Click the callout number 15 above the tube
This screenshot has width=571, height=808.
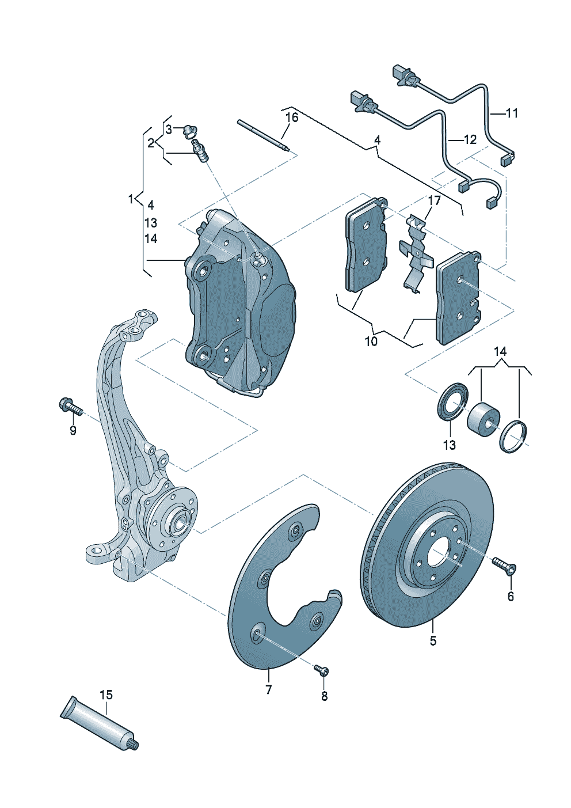click(x=106, y=695)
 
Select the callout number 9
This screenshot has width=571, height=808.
click(x=73, y=430)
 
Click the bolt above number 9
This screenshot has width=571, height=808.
click(x=67, y=406)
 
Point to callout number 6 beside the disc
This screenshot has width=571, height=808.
click(x=511, y=597)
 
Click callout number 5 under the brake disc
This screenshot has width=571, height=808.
click(x=433, y=640)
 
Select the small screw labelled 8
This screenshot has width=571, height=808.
click(x=321, y=670)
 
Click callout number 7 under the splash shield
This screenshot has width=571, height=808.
click(x=269, y=689)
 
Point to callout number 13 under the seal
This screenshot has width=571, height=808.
click(x=449, y=445)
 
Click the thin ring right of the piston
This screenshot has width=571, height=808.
click(x=515, y=437)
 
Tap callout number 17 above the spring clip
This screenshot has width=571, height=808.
click(x=434, y=200)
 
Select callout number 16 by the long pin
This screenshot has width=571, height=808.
click(x=292, y=117)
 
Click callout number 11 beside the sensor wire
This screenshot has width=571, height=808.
click(x=512, y=113)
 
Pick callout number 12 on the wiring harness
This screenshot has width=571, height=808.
click(x=470, y=139)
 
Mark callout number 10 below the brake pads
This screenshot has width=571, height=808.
click(x=371, y=341)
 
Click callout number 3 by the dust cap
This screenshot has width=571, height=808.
click(x=169, y=130)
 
